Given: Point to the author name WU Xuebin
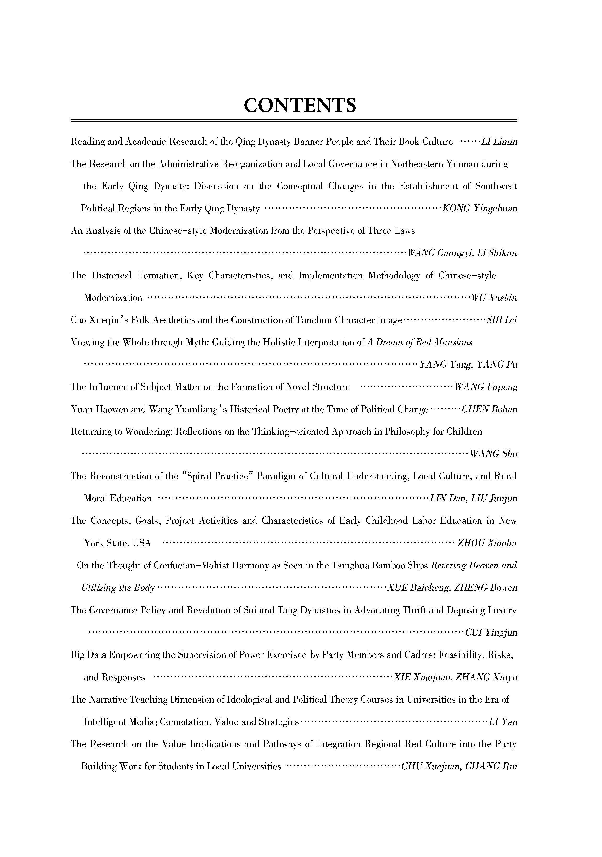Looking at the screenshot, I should pos(494,298).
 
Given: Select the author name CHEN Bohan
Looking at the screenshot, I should pos(489,409).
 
